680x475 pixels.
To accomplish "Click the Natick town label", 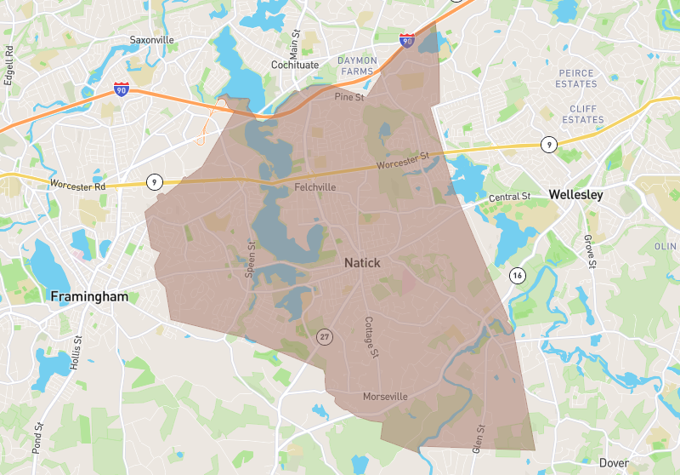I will tap(362, 263).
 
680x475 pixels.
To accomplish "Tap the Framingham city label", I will tap(88, 297).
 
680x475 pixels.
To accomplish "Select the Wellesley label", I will tap(575, 195).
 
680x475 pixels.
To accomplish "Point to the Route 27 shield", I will tap(325, 337).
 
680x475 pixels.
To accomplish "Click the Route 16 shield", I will tap(517, 275).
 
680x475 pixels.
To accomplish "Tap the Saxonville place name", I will tap(151, 40).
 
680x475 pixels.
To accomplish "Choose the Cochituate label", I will tap(295, 65).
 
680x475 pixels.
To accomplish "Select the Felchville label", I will tap(314, 187).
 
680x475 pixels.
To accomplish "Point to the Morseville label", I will tap(385, 397).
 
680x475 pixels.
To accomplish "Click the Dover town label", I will tap(614, 462).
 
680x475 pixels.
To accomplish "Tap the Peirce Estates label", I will tap(576, 79).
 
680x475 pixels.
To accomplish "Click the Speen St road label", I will tap(250, 259).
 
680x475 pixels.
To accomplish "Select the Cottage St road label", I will tap(371, 337).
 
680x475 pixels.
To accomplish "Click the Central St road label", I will tap(509, 197).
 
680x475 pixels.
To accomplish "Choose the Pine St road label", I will tap(348, 97).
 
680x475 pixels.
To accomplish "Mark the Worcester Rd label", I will tap(77, 184).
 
